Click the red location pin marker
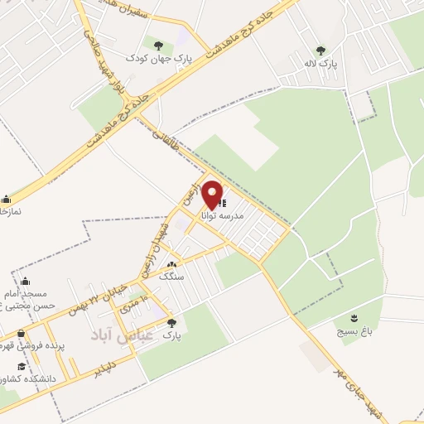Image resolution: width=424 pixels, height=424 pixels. click(212, 194)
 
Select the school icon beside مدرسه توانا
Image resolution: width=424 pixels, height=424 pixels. click(224, 201)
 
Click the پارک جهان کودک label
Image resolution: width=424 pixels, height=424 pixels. click(158, 58)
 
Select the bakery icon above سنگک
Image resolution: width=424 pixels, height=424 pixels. click(170, 263)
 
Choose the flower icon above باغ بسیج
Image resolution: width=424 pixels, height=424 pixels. click(355, 317)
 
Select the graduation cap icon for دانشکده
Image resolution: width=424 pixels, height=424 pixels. click(22, 367)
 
